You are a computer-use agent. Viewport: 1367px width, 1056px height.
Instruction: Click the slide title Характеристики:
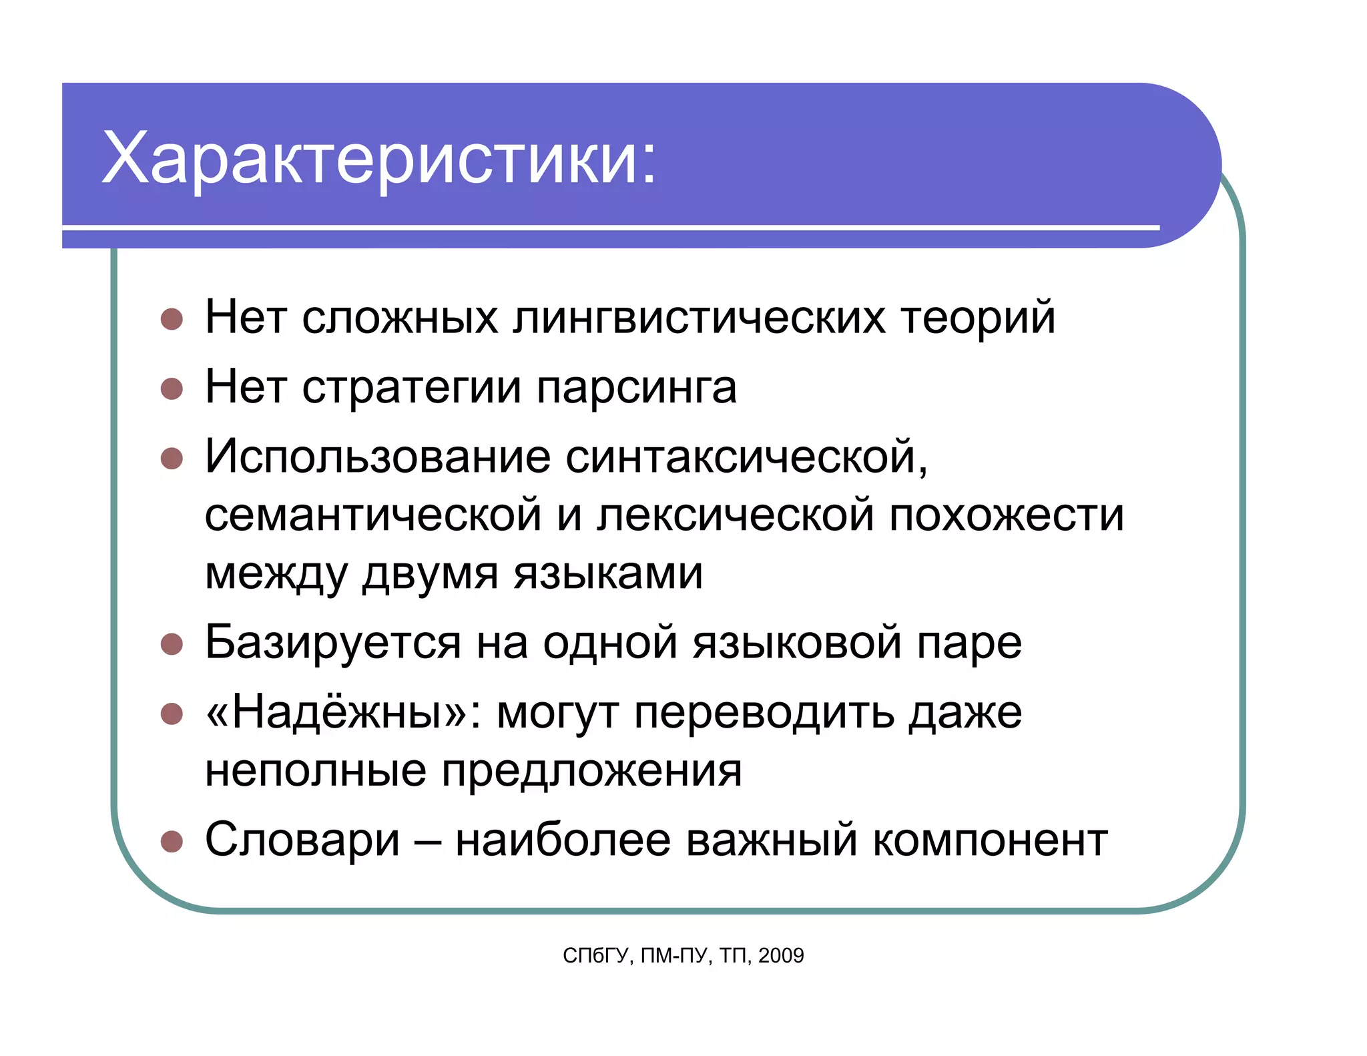pos(379,158)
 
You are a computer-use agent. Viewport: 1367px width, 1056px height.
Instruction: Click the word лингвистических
pos(699,317)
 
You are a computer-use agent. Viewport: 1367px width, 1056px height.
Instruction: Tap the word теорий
pos(978,318)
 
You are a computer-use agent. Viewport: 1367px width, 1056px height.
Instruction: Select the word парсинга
pos(636,388)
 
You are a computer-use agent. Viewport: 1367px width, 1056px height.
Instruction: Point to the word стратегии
pos(411,388)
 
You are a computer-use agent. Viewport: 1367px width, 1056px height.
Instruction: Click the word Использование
pos(378,457)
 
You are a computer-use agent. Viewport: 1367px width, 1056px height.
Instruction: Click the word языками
pos(607,574)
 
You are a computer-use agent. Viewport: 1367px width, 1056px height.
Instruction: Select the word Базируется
pos(332,643)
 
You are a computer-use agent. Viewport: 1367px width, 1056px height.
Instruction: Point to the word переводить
pos(764,713)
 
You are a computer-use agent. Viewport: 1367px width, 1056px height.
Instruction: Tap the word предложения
pos(591,772)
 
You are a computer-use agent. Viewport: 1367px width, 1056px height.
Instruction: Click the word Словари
pos(302,840)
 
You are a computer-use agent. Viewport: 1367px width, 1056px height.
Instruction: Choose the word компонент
pos(990,841)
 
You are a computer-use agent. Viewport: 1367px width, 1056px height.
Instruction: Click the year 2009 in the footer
pos(781,956)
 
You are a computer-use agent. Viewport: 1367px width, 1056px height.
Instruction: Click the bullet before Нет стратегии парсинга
pos(172,388)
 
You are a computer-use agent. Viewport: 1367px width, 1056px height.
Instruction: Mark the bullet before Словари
pos(172,841)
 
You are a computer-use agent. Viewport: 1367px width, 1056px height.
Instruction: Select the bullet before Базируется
pos(172,644)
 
